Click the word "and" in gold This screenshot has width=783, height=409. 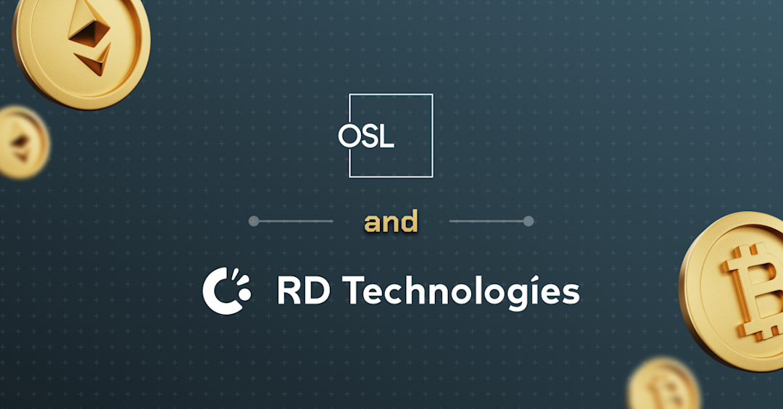(391, 222)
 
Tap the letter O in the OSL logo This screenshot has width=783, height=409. (349, 137)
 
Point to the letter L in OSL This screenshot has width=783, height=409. (386, 137)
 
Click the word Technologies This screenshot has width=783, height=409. (461, 292)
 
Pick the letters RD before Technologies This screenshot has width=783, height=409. (304, 292)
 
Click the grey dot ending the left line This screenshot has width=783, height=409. (254, 221)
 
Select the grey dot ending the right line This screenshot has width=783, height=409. (529, 221)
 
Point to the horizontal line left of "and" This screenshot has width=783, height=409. (294, 221)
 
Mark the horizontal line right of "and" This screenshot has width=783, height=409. (487, 221)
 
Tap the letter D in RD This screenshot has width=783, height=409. (318, 292)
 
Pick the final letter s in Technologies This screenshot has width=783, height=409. (571, 294)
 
